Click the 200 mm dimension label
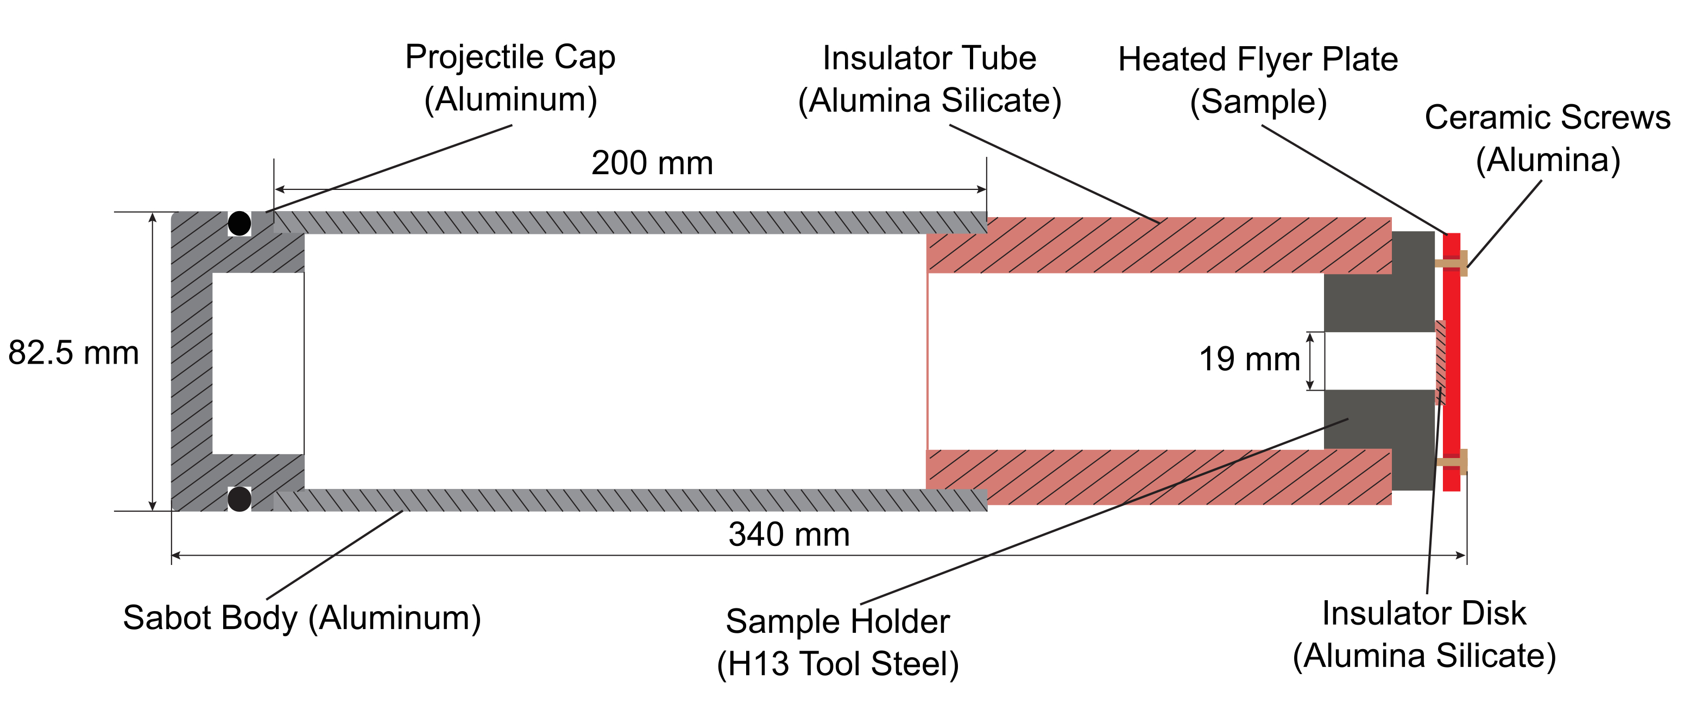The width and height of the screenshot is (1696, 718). [x=652, y=163]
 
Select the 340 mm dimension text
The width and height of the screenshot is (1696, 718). [x=789, y=535]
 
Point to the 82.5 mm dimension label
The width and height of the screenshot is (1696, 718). [x=73, y=353]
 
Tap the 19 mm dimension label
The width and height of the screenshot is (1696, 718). [x=1249, y=359]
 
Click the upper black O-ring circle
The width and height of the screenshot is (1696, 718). [x=239, y=223]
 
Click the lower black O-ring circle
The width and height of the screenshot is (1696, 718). [x=239, y=499]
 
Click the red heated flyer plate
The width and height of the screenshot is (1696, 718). [x=1452, y=362]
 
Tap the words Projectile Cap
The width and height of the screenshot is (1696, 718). [x=510, y=58]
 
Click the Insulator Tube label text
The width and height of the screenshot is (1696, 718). [x=929, y=59]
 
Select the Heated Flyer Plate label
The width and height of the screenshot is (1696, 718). [x=1258, y=60]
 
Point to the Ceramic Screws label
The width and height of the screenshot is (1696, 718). [x=1547, y=118]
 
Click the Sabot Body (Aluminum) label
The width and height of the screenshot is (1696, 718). [x=301, y=618]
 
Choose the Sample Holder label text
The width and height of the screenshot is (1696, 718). [x=837, y=621]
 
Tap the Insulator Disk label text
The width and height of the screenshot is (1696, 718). [x=1423, y=613]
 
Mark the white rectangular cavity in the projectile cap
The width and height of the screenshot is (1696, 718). [x=257, y=363]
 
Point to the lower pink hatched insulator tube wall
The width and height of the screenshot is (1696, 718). [x=1159, y=477]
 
